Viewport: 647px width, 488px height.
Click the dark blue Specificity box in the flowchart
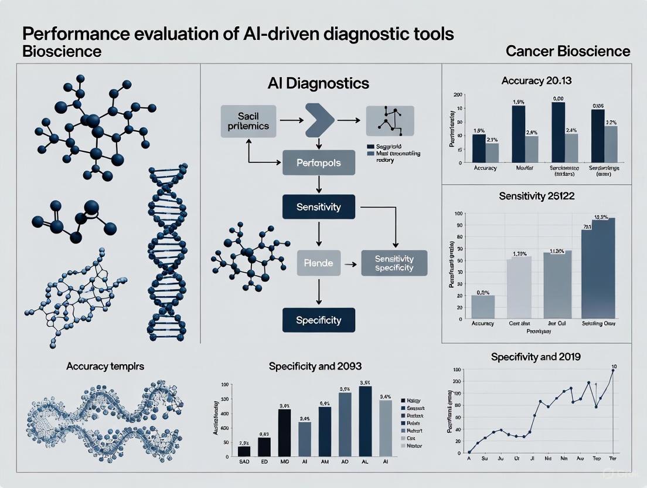click(x=319, y=320)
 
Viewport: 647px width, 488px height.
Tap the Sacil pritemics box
click(x=246, y=120)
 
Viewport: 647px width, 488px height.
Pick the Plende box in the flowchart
click(x=319, y=263)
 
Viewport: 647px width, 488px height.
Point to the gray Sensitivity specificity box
click(x=394, y=263)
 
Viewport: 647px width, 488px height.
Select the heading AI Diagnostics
click(x=318, y=83)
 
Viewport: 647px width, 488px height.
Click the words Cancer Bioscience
click(x=568, y=51)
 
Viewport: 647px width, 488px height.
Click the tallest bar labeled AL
click(x=365, y=421)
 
